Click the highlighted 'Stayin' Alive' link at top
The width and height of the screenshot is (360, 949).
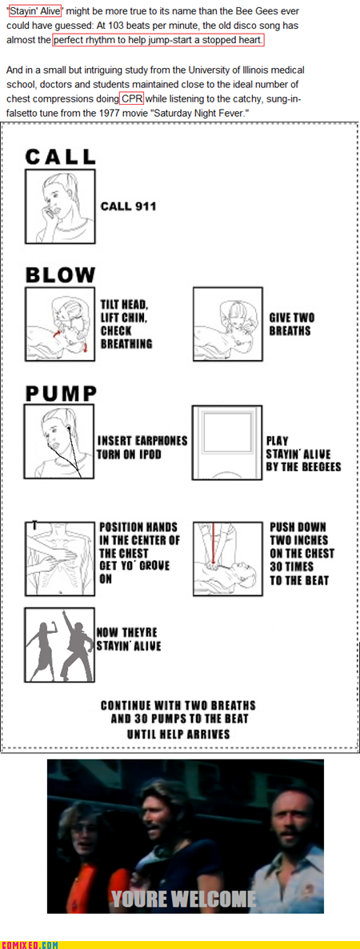[35, 10]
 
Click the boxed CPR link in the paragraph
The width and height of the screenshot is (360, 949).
[131, 98]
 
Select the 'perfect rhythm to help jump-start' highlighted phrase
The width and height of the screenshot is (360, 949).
[158, 41]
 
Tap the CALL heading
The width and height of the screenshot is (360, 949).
[61, 157]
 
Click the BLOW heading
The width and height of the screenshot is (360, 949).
[61, 275]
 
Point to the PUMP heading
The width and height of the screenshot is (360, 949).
[61, 394]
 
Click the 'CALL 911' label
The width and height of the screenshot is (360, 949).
[128, 206]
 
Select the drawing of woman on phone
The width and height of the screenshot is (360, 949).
[61, 206]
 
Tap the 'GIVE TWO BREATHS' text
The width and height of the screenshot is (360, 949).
[292, 324]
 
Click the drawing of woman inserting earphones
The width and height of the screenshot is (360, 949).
[60, 442]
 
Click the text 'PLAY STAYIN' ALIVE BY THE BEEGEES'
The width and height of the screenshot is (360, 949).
[304, 454]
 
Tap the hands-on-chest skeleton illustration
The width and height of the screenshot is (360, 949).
[61, 558]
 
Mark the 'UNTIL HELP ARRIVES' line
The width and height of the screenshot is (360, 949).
[178, 734]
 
